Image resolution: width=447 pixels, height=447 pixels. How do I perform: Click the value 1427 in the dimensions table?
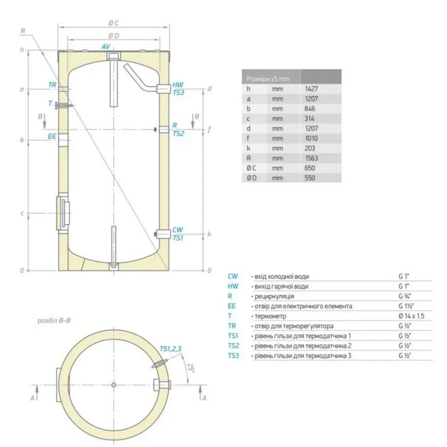pos(312,89)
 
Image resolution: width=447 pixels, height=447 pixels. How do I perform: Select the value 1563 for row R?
pos(312,158)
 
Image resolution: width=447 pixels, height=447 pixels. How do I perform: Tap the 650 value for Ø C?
pos(310,168)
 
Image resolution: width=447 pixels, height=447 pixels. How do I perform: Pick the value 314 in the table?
pos(310,119)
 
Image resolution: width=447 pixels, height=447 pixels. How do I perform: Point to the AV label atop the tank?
pos(106,46)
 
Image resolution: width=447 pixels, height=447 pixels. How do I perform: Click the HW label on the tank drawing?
pos(178,85)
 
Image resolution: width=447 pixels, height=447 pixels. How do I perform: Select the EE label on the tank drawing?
pos(52,135)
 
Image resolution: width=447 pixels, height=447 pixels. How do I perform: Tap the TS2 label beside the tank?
pos(178,133)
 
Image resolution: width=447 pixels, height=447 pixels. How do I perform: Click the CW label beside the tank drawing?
pos(178,230)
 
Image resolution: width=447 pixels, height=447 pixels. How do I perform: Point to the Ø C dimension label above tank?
pos(114,23)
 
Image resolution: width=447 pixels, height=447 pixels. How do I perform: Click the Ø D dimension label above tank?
pos(114,35)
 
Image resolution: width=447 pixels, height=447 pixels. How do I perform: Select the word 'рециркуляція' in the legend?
pos(272,297)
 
